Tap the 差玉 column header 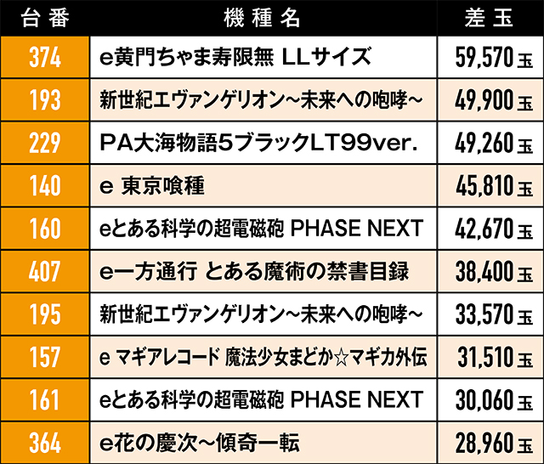pyautogui.click(x=486, y=17)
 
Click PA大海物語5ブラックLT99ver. pyautogui.click(x=256, y=143)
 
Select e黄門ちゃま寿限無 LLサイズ pyautogui.click(x=235, y=57)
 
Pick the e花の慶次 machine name pyautogui.click(x=199, y=442)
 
